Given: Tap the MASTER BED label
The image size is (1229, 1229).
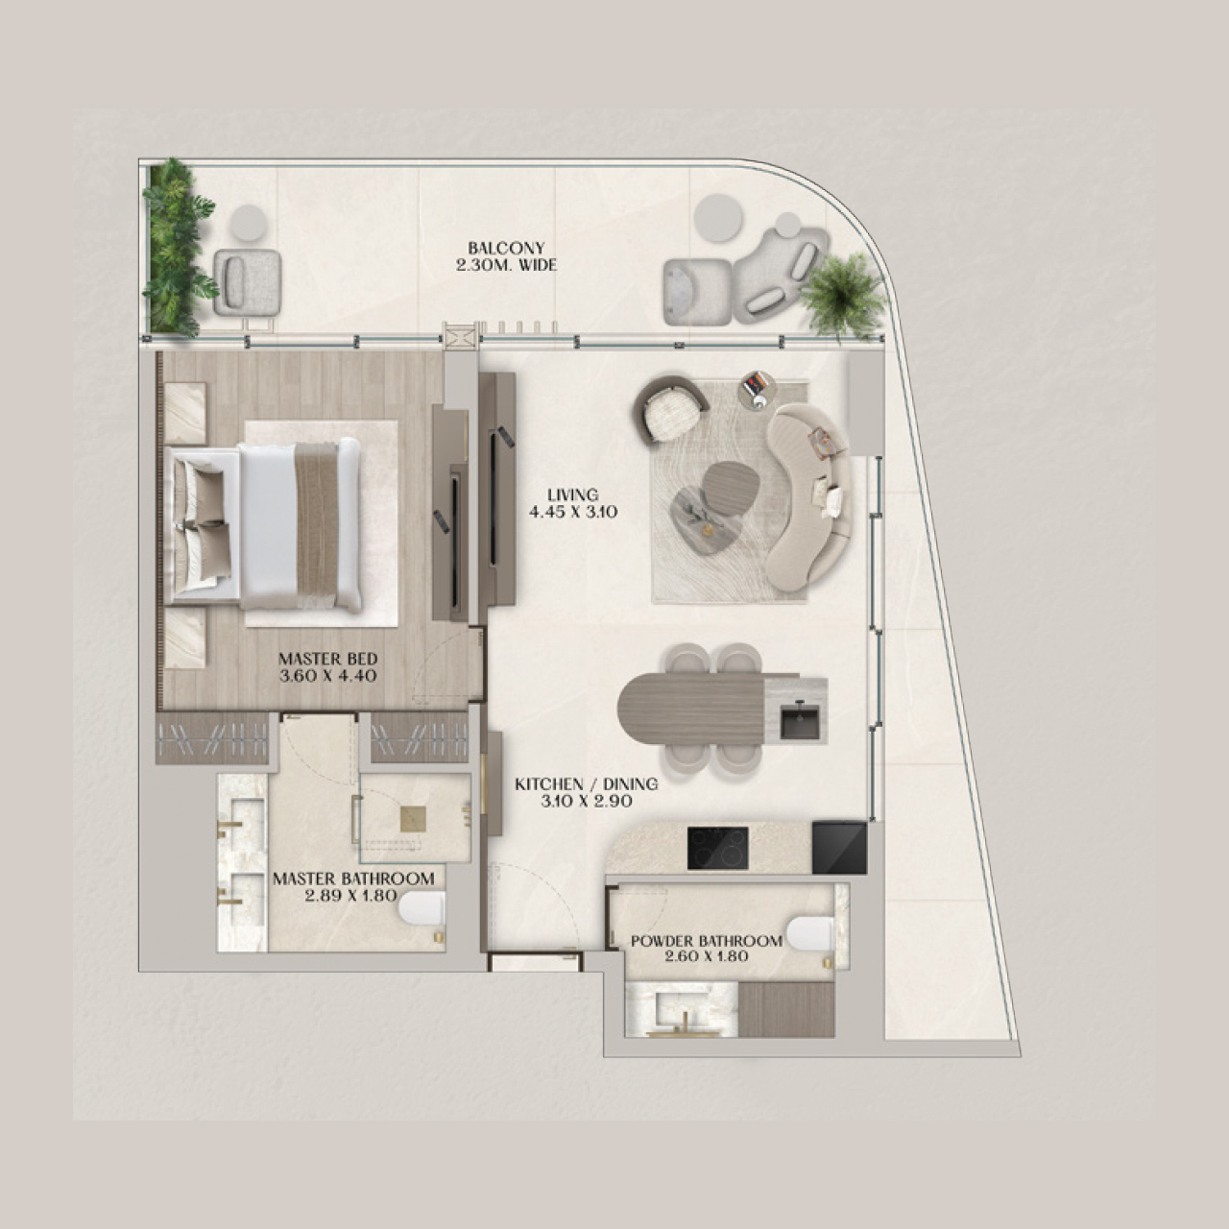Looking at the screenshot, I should pos(327,667).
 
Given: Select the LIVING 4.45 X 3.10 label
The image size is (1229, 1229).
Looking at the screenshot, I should pos(572,504).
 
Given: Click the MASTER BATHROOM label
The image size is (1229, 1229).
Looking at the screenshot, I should pos(352,886).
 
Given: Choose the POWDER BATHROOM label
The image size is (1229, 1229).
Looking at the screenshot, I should pos(706,949).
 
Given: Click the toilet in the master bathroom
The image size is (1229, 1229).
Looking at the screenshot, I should pos(422,910).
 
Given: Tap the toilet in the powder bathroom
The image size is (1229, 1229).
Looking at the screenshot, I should pos(809,933).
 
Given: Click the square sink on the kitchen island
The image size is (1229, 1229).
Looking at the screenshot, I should pos(800,721).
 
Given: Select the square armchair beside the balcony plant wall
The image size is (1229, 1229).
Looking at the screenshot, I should pos(247,281).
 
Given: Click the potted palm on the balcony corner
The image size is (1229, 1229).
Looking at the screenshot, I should pos(842,292).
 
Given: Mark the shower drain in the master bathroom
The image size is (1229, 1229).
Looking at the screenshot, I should pos(414,817).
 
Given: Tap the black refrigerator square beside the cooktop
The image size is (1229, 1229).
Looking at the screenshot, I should pos(838,847).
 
